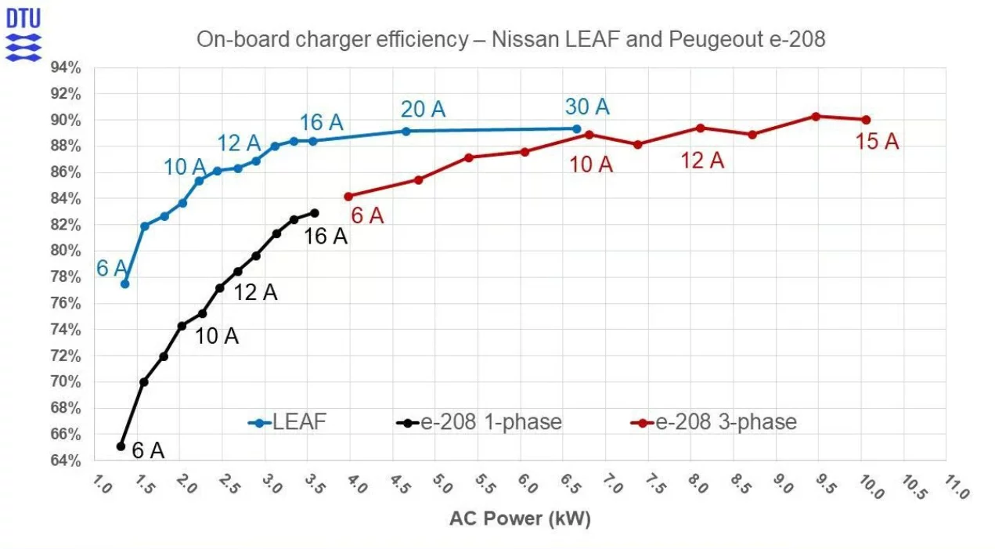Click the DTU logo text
coord(23,18)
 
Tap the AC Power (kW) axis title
coord(520,518)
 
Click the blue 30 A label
coord(586,107)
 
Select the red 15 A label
coord(877,142)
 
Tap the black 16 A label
coord(325,236)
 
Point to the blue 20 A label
coord(423,110)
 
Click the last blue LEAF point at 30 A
coord(577,129)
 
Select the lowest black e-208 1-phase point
coord(121,446)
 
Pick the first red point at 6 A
coord(348,197)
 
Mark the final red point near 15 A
coord(866,120)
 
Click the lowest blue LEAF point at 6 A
coord(124,284)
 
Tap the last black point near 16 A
coord(315,213)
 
